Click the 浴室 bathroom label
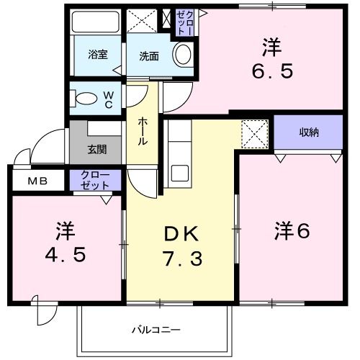(x=98, y=54)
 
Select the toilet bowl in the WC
(x=84, y=97)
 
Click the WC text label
(x=107, y=97)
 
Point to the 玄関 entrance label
(x=97, y=150)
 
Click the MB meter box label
(x=37, y=181)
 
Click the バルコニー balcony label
(x=156, y=330)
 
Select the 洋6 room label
(x=291, y=232)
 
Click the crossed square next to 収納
(x=253, y=132)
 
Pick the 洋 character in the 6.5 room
(x=271, y=48)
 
